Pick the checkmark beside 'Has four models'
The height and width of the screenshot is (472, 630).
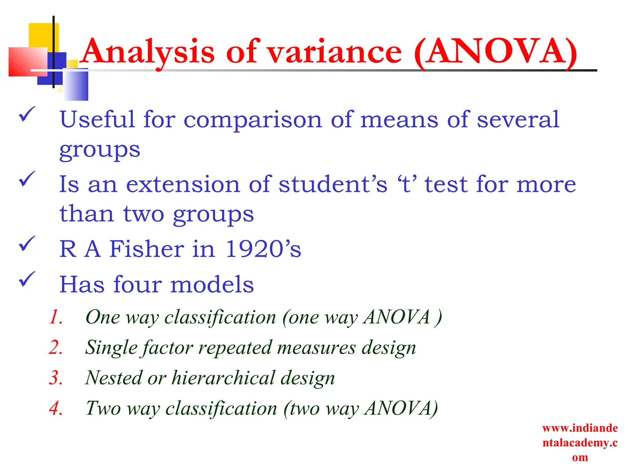(27, 279)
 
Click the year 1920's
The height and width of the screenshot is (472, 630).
(263, 249)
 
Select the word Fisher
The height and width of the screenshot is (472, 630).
(147, 249)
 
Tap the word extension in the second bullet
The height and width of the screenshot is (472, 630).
(183, 184)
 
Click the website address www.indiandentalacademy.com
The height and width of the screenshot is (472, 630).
(580, 442)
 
